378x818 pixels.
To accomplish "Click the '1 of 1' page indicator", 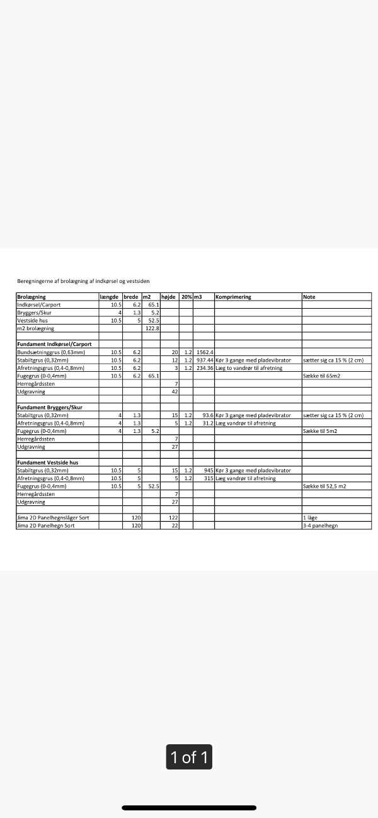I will click(189, 757).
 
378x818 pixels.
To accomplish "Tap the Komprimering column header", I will click(233, 297).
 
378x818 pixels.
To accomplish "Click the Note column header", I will click(309, 297).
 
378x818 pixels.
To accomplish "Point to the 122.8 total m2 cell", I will click(152, 328).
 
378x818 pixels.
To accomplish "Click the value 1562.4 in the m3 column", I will click(205, 352).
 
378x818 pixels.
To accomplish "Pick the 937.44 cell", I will click(205, 360).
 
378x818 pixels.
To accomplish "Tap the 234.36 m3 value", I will click(205, 368).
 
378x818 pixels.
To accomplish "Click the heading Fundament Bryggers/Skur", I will click(49, 407).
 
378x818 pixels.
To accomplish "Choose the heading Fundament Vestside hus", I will click(47, 463).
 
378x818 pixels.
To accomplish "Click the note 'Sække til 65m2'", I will click(324, 376).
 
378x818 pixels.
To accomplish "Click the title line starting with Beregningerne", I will click(83, 281).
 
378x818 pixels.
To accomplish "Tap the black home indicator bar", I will click(189, 807).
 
